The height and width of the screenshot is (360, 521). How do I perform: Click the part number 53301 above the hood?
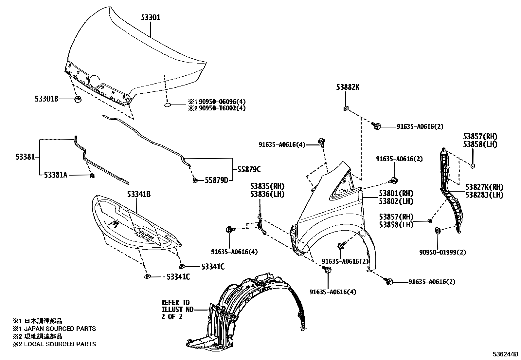[x=151, y=18]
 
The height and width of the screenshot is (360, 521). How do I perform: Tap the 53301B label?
[x=46, y=98]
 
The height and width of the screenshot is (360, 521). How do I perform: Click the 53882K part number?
[x=347, y=87]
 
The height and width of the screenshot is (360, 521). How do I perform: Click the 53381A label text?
[x=56, y=175]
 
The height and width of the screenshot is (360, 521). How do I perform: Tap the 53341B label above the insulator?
[x=139, y=195]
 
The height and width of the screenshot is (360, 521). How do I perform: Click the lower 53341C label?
[x=178, y=277]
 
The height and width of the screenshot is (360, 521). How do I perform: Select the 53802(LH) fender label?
[x=396, y=201]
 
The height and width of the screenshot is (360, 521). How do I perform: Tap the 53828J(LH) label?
[x=484, y=195]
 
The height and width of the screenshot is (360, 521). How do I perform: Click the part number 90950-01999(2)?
[x=443, y=252]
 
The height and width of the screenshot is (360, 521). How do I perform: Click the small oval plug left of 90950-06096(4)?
[x=167, y=105]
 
